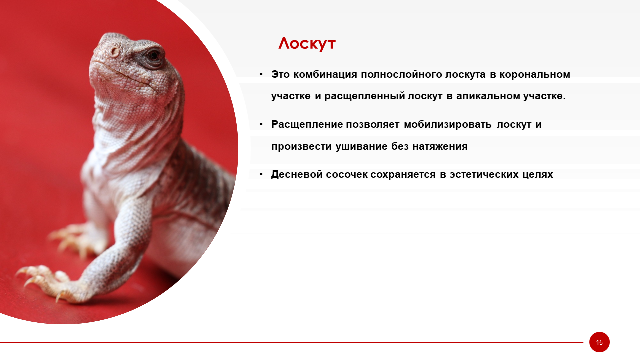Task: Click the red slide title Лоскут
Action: pos(307,44)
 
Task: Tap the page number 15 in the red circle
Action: pos(599,342)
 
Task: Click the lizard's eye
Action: pos(154,55)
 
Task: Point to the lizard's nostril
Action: pos(115,52)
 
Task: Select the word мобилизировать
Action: pos(447,125)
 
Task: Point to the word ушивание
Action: pos(361,147)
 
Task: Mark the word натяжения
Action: pos(440,147)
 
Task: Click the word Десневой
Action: pos(297,174)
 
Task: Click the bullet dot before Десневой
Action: pos(261,174)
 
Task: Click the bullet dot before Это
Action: pos(261,74)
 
